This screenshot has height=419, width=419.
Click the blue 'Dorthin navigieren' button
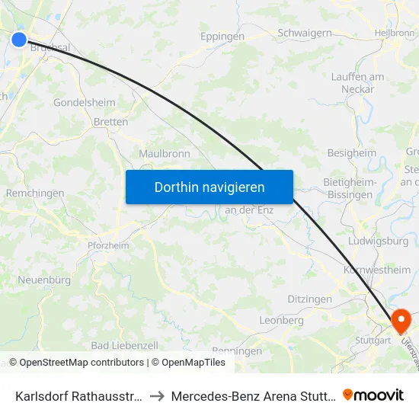point(209,187)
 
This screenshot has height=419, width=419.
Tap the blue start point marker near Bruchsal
point(19,40)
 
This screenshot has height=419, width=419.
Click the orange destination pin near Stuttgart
point(399,320)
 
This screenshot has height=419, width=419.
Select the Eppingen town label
point(222,37)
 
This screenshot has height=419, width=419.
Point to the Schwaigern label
point(305,33)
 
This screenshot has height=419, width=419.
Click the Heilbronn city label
point(395,34)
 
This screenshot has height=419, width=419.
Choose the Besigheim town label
point(352,153)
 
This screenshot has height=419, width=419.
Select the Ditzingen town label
point(309,299)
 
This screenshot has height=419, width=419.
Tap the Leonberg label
point(281,321)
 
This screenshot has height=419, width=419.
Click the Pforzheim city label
point(102,245)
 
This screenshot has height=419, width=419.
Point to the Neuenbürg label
point(44,280)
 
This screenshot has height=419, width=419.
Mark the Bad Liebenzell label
point(124,345)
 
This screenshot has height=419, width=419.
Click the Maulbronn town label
point(165,154)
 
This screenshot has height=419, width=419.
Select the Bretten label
point(110,121)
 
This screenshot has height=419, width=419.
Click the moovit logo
point(373,395)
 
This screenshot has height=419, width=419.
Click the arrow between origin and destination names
point(155,396)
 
